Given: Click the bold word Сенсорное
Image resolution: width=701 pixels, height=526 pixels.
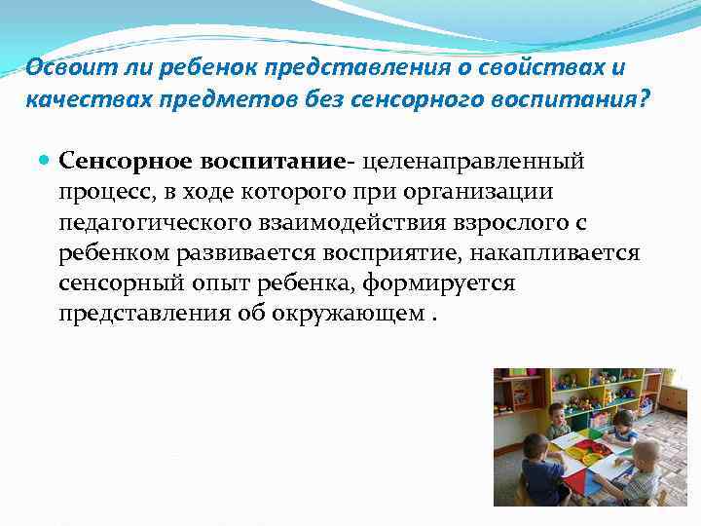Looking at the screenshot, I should coord(115,159).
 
